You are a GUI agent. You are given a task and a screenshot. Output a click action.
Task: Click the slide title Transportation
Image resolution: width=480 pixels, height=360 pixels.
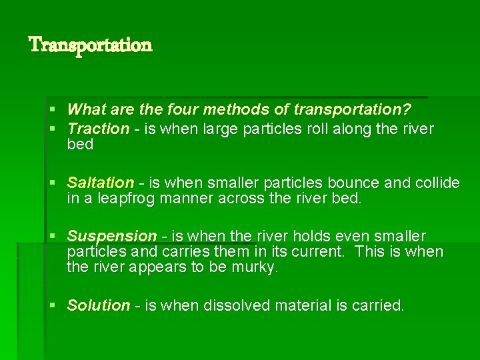(91, 45)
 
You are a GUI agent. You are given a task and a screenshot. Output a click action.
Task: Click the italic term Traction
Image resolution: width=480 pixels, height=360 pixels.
(98, 128)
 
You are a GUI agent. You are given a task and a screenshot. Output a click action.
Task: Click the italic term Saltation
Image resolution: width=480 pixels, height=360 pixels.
(101, 183)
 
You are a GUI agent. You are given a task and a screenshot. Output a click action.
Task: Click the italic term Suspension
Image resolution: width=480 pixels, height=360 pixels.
(112, 236)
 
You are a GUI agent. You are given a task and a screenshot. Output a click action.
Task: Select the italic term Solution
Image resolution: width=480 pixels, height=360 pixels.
(99, 305)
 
